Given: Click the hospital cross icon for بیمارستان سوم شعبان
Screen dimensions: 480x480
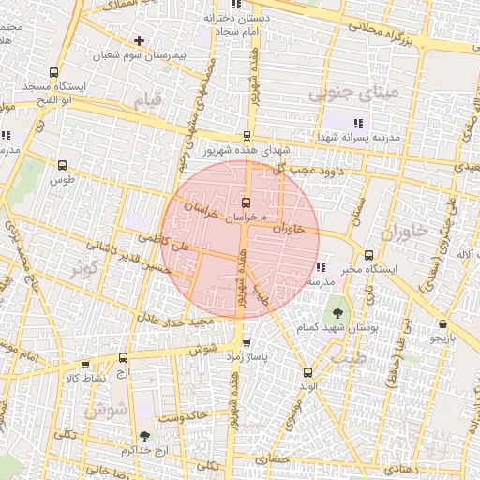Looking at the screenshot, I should [x=139, y=40].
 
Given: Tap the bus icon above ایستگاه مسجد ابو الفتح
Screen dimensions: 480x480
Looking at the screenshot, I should [x=53, y=72].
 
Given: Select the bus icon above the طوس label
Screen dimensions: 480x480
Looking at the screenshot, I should [x=63, y=164].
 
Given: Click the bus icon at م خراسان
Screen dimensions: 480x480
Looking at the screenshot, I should [x=246, y=202].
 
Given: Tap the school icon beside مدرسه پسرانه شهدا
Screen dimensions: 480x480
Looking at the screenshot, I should [x=357, y=123].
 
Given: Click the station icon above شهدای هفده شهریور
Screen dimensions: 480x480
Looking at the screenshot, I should [x=247, y=136].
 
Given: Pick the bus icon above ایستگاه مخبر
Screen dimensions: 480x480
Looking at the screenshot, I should [x=368, y=255].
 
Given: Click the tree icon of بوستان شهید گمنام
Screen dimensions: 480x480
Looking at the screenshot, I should [x=336, y=313].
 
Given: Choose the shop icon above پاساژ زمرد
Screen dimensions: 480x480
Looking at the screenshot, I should [x=247, y=343].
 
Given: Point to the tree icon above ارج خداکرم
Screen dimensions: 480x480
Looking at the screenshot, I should [x=143, y=436].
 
